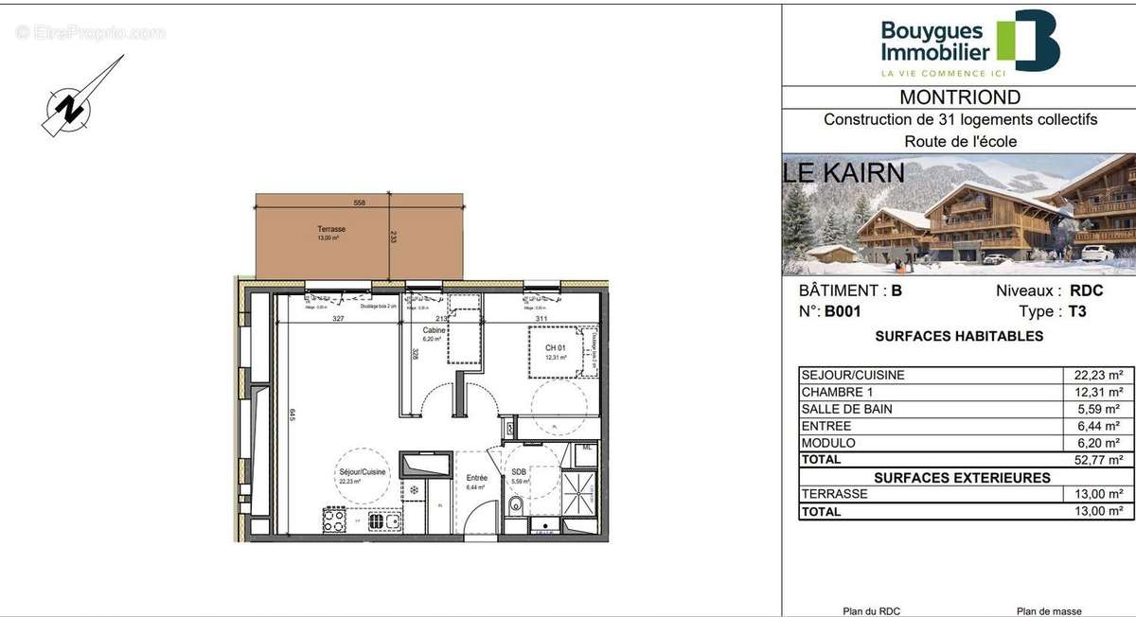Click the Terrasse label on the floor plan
pyautogui.click(x=331, y=229)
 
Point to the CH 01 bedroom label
pyautogui.click(x=555, y=348)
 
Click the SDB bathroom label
pyautogui.click(x=519, y=471)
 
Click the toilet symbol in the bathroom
pyautogui.click(x=515, y=504)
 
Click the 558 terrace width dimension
pyautogui.click(x=359, y=203)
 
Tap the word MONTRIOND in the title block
pyautogui.click(x=960, y=97)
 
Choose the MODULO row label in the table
pyautogui.click(x=828, y=443)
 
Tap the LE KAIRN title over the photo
pyautogui.click(x=843, y=173)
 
